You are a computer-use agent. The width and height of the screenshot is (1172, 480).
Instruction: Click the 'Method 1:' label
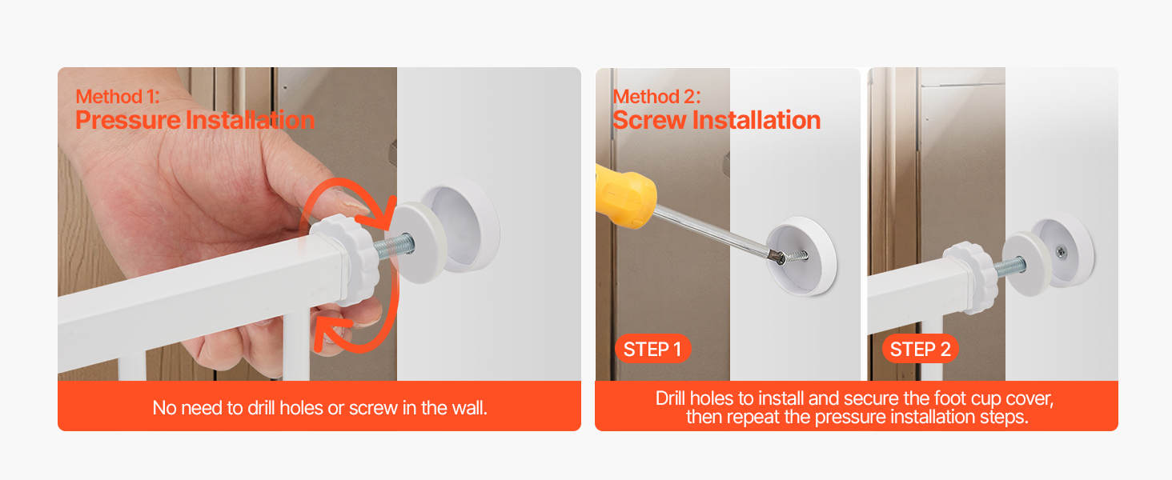click(x=118, y=97)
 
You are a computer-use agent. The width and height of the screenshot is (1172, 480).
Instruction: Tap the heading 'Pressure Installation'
click(x=195, y=120)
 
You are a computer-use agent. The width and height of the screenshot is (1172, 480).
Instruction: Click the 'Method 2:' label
click(x=656, y=97)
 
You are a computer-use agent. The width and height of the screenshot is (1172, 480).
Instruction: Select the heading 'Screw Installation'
click(x=716, y=120)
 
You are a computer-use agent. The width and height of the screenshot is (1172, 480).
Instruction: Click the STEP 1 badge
click(x=653, y=349)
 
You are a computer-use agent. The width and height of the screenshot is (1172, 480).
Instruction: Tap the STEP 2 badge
click(x=921, y=349)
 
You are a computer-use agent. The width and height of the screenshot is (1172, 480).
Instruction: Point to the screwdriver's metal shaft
click(x=714, y=231)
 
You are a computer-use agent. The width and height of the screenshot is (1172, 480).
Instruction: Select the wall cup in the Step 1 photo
click(x=801, y=256)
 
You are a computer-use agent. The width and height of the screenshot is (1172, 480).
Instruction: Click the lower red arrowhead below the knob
click(x=331, y=331)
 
